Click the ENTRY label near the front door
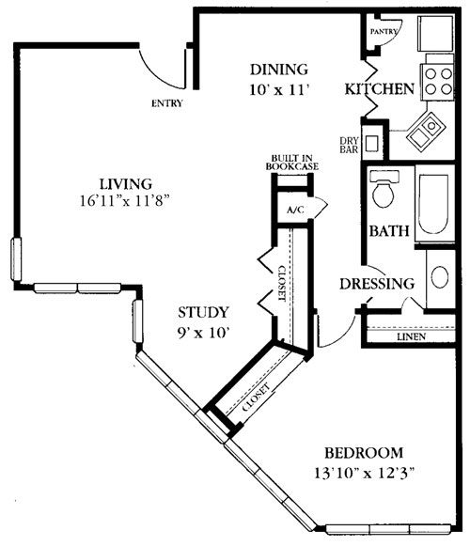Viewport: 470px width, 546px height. (x=165, y=103)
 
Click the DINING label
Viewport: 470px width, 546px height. (x=278, y=70)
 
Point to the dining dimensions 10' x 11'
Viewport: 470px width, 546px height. (x=279, y=89)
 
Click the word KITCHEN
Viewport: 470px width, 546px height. (x=380, y=89)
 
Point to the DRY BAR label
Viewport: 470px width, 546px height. (x=349, y=147)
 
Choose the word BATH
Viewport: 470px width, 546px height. (x=385, y=231)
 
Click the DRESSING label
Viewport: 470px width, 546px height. (x=376, y=284)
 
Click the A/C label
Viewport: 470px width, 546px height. (x=294, y=210)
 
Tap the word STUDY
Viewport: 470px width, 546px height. (x=204, y=312)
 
